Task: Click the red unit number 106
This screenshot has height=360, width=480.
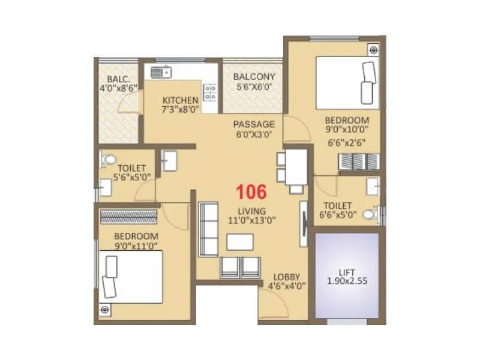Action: click(251, 192)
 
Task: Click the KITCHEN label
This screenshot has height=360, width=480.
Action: click(180, 100)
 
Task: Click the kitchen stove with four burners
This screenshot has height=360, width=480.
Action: click(210, 92)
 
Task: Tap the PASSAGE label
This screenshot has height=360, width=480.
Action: click(254, 124)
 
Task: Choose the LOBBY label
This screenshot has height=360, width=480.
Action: click(286, 277)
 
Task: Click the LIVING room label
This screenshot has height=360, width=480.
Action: click(251, 211)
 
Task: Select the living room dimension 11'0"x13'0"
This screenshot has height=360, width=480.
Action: click(251, 220)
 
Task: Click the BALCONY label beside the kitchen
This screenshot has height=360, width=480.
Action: click(254, 76)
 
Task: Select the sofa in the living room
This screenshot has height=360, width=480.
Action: click(209, 229)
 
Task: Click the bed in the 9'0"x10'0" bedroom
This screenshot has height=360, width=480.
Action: click(348, 83)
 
